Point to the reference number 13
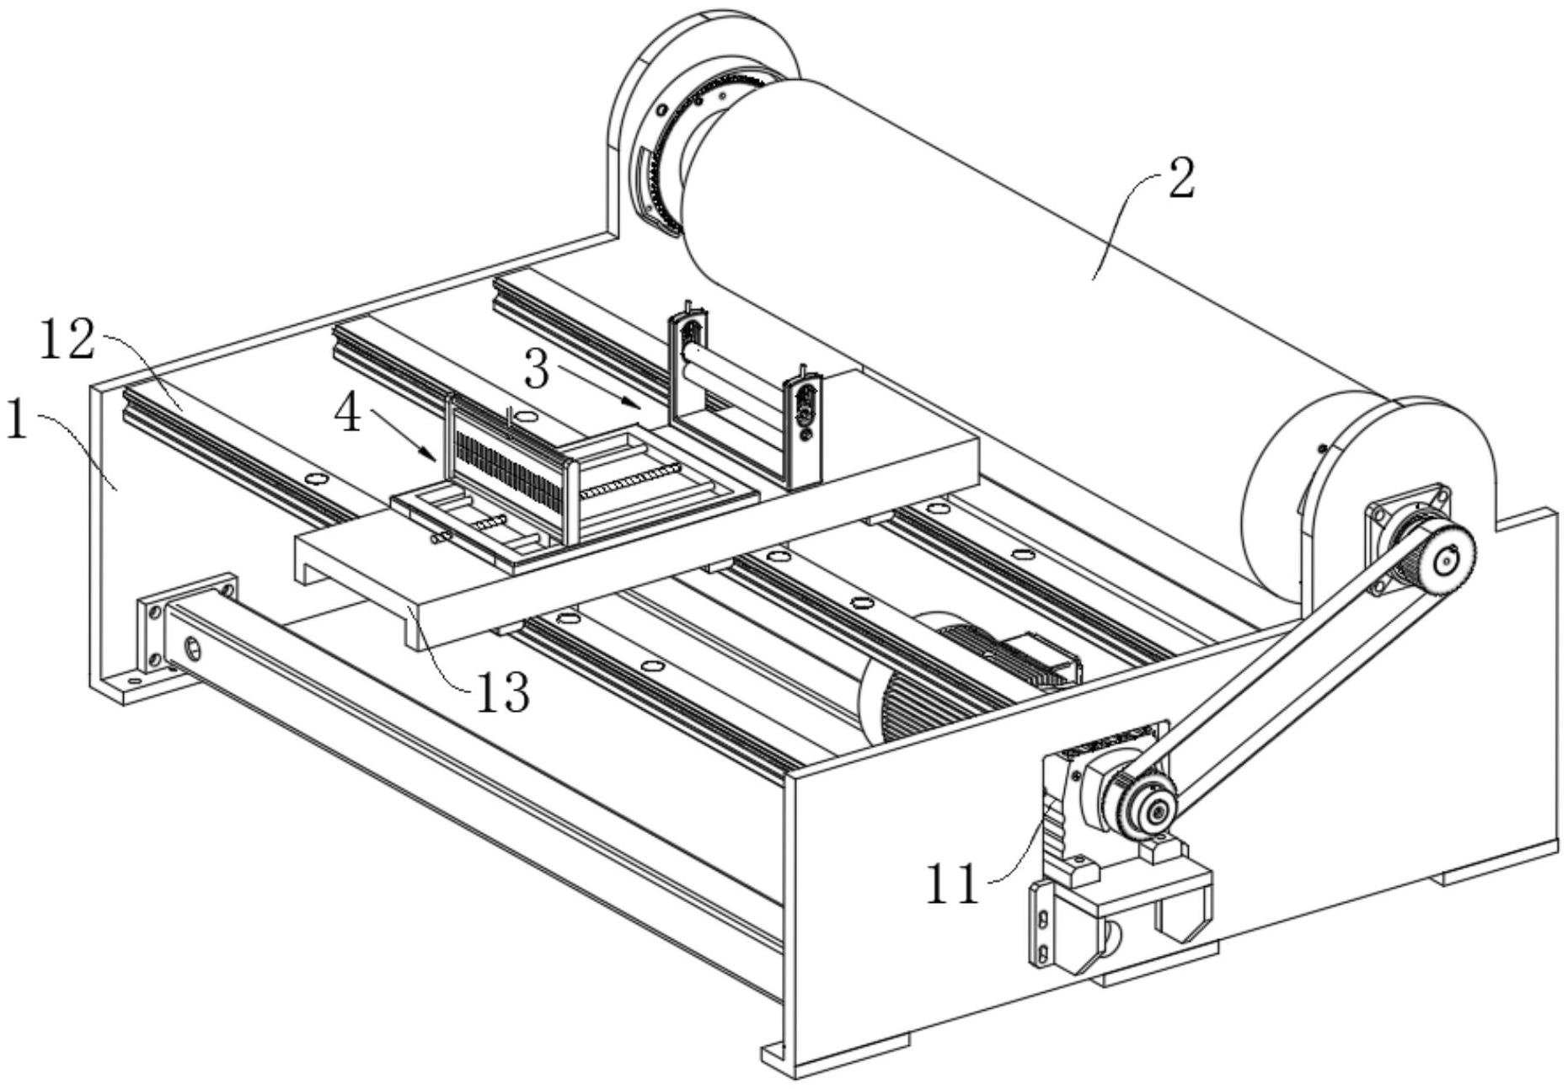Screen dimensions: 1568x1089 pyautogui.click(x=503, y=692)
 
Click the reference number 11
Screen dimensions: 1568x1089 pyautogui.click(x=953, y=883)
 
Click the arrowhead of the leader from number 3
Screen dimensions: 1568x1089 pyautogui.click(x=634, y=403)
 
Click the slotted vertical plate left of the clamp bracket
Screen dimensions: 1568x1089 pyautogui.click(x=1041, y=922)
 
